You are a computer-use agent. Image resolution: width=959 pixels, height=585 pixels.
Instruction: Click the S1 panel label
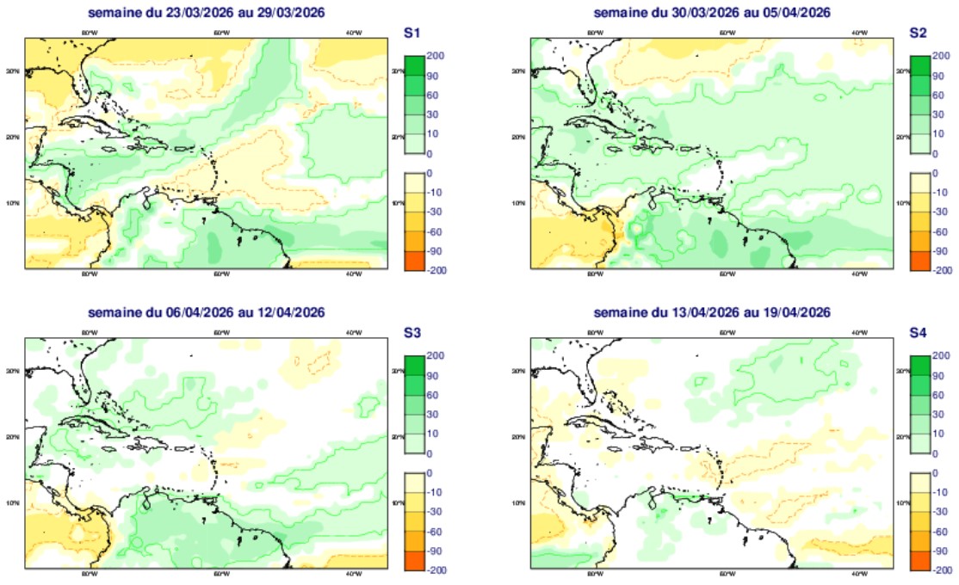(411, 34)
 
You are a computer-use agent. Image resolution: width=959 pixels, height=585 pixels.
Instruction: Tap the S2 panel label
(918, 34)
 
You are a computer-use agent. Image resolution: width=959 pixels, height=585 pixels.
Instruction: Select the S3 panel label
(411, 333)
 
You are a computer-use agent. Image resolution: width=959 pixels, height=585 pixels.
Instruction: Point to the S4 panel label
(918, 333)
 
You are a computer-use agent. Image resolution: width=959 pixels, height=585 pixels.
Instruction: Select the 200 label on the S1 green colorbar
(435, 56)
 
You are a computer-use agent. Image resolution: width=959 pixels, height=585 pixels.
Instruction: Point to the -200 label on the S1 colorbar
(436, 269)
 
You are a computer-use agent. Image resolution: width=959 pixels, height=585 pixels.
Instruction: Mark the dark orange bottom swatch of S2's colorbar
(920, 260)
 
